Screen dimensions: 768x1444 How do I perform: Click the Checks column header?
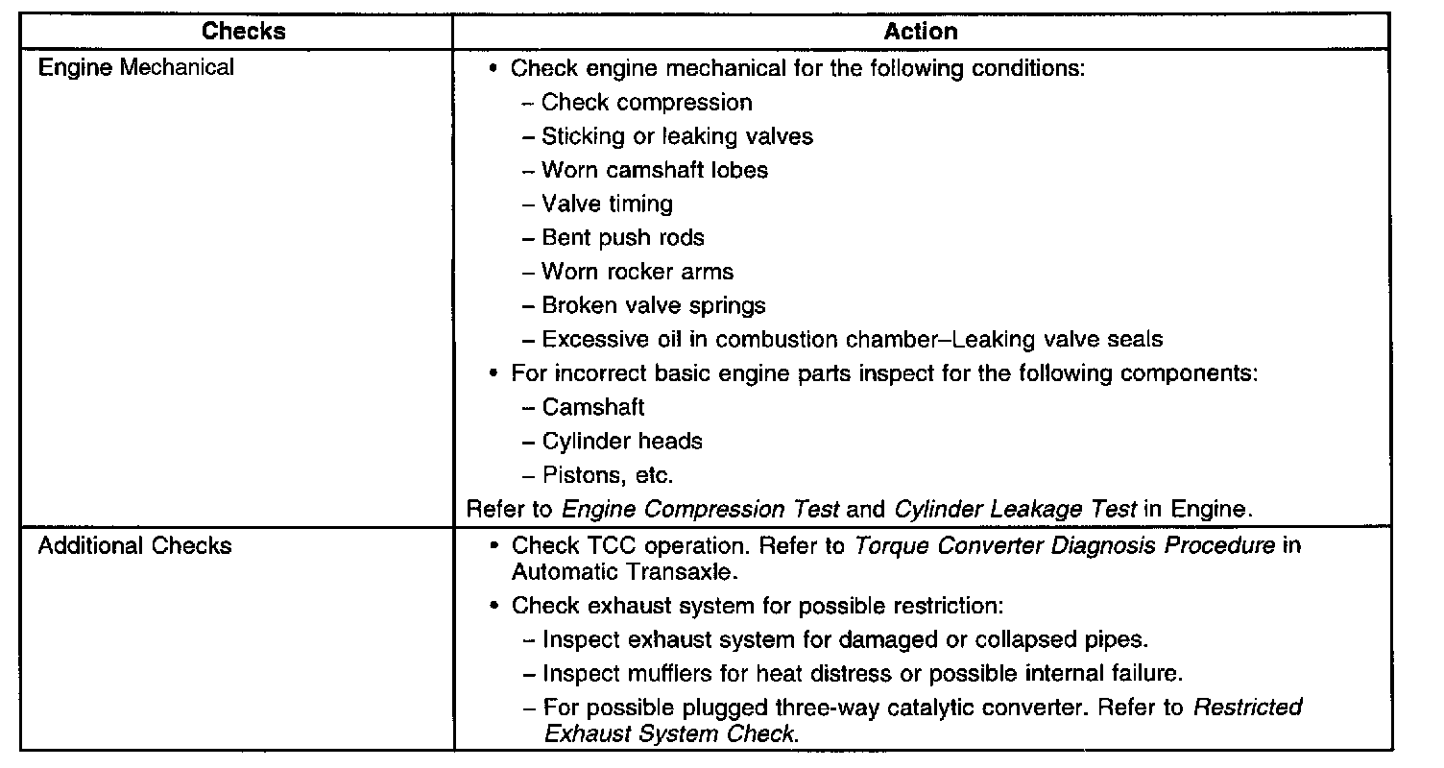[243, 32]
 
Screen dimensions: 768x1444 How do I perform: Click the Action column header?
[920, 32]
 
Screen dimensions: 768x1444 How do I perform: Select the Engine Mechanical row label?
[135, 68]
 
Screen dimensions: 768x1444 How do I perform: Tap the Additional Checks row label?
[134, 546]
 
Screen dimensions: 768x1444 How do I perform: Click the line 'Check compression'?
[646, 103]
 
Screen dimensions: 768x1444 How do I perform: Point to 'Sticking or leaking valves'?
[677, 136]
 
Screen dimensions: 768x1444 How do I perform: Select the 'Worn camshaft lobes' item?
[655, 171]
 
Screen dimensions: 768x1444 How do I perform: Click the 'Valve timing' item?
[607, 204]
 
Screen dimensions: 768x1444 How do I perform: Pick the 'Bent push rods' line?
[623, 238]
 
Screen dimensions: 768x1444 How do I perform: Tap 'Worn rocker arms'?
[638, 272]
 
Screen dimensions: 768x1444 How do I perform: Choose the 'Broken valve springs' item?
[654, 306]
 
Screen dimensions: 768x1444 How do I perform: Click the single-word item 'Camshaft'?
[593, 408]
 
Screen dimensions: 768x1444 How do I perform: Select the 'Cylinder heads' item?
[622, 442]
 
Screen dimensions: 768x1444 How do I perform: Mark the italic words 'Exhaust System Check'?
[670, 734]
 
